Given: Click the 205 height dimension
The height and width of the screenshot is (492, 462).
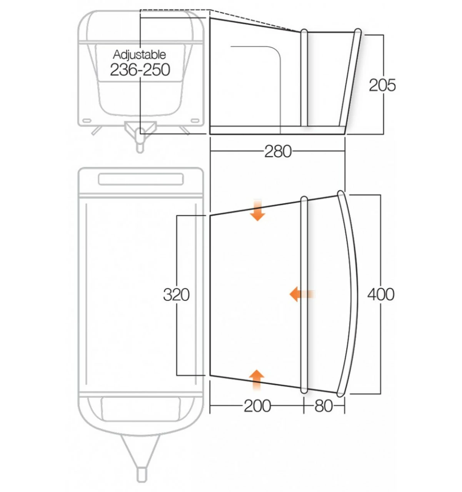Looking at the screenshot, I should click(382, 85).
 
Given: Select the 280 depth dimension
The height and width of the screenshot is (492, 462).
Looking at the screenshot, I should click(277, 151).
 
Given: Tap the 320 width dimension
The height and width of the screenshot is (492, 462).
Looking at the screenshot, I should click(176, 295).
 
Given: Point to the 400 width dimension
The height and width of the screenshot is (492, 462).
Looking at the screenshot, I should click(380, 295).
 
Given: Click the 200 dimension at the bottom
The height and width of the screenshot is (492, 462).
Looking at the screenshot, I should click(257, 406).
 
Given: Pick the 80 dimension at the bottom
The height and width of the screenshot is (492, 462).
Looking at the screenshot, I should click(323, 406).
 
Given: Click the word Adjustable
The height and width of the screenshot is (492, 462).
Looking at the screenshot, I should click(139, 55).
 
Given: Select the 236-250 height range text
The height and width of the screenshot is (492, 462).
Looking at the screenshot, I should click(140, 70).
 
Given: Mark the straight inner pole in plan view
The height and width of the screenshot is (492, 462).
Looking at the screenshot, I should click(304, 294).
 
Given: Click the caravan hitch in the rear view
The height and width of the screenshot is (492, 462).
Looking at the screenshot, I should click(140, 133).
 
